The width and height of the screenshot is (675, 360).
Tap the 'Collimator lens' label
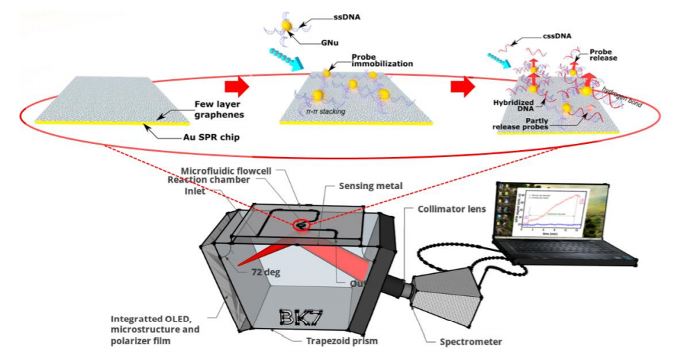click(x=455, y=209)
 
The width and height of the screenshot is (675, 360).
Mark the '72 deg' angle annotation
click(x=263, y=272)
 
